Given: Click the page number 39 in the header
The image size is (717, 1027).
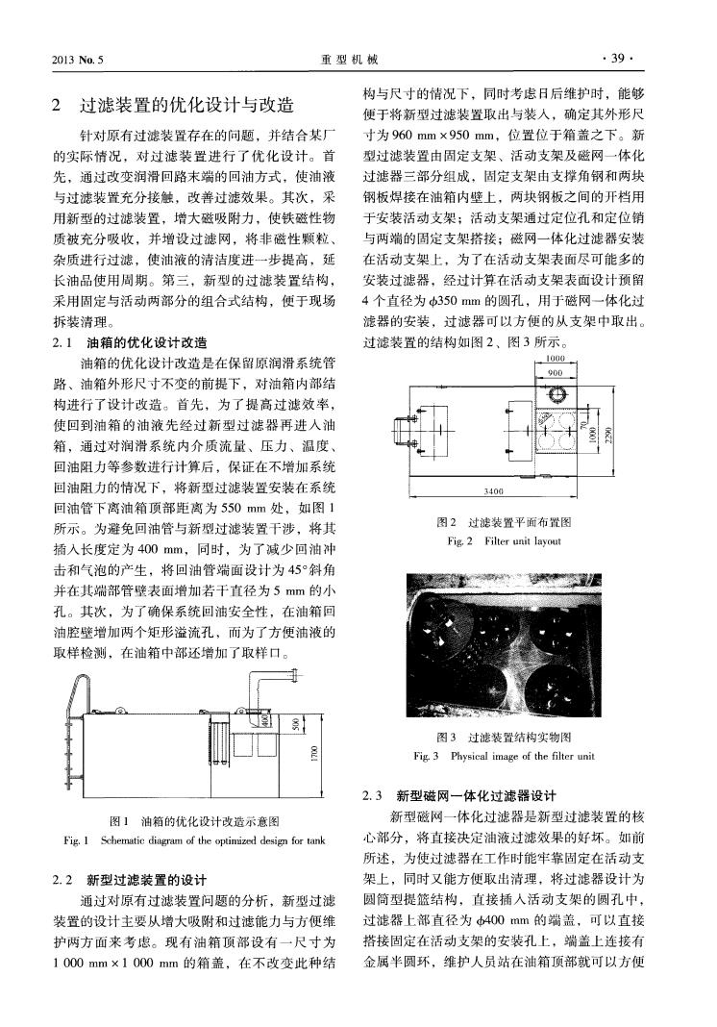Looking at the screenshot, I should tap(616, 57).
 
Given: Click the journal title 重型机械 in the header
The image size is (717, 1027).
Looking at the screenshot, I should tap(348, 58).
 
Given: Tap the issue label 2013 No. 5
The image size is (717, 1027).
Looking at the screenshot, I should tap(80, 58).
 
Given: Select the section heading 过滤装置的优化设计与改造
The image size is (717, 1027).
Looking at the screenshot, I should tap(186, 105).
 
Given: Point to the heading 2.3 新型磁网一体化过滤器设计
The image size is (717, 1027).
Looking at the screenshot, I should tap(458, 795).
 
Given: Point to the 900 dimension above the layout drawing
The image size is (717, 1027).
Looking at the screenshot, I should tap(553, 373).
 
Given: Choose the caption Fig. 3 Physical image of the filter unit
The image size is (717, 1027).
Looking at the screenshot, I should tap(503, 756).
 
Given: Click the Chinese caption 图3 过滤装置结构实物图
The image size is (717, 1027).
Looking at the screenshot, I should tap(503, 738).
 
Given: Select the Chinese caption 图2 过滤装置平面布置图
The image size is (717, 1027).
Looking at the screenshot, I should tap(504, 522).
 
